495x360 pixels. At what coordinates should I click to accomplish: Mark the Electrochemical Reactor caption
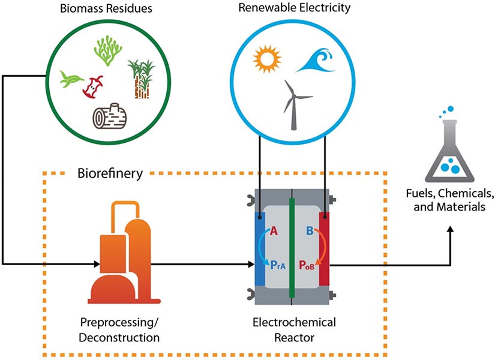pos(293,330)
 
